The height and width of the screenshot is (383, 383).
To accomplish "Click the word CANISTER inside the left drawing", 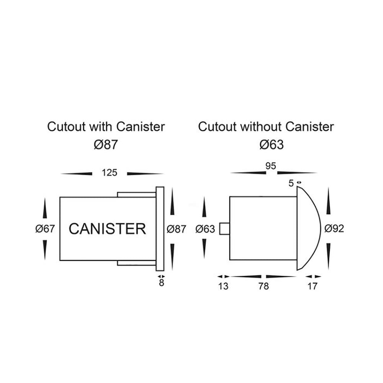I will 107,229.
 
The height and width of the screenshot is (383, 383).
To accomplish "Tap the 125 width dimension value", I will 109,173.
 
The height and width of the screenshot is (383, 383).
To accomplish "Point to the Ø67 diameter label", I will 46,229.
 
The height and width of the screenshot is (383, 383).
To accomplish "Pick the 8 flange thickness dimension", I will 161,284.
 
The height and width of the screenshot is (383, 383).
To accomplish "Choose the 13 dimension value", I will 223,286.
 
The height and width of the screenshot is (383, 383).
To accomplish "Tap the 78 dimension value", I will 264,286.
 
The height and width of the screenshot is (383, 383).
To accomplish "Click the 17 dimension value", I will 313,286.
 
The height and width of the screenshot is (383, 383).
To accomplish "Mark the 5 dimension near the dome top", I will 291,183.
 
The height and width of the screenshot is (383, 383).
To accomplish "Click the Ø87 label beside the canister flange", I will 177,229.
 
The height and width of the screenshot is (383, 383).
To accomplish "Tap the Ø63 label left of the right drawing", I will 205,229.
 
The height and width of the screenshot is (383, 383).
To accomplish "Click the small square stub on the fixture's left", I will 224,229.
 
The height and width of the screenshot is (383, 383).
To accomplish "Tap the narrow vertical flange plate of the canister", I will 160,229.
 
